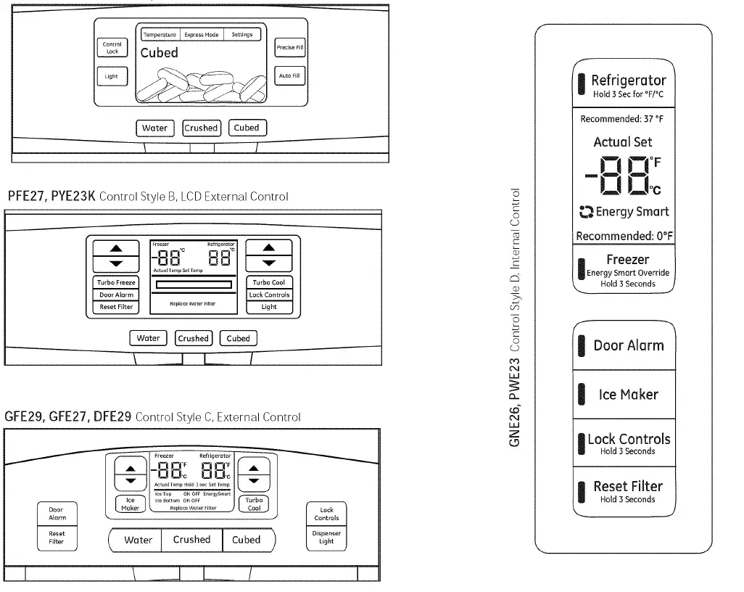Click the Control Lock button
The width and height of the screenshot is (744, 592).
coord(112,48)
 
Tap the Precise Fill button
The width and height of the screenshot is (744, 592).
coord(290,48)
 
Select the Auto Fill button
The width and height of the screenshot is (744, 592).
coord(290,76)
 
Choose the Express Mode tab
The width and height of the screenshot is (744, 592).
coord(201,35)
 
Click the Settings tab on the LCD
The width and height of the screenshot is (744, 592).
coord(242,35)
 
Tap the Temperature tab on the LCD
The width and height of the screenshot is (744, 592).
coord(160,35)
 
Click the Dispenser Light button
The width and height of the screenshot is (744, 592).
coord(326,537)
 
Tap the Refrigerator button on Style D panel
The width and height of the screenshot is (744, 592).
coord(624,85)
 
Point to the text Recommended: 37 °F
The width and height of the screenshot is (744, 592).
coord(622,119)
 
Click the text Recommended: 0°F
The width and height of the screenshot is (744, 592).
coord(624,236)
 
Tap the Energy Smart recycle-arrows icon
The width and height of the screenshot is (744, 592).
coord(586,213)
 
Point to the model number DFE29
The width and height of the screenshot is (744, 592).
coord(112,416)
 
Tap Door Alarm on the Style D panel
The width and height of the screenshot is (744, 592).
coord(624,346)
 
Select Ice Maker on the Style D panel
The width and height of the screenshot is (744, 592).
coord(624,395)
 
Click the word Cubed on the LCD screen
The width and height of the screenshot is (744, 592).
coord(159,53)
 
